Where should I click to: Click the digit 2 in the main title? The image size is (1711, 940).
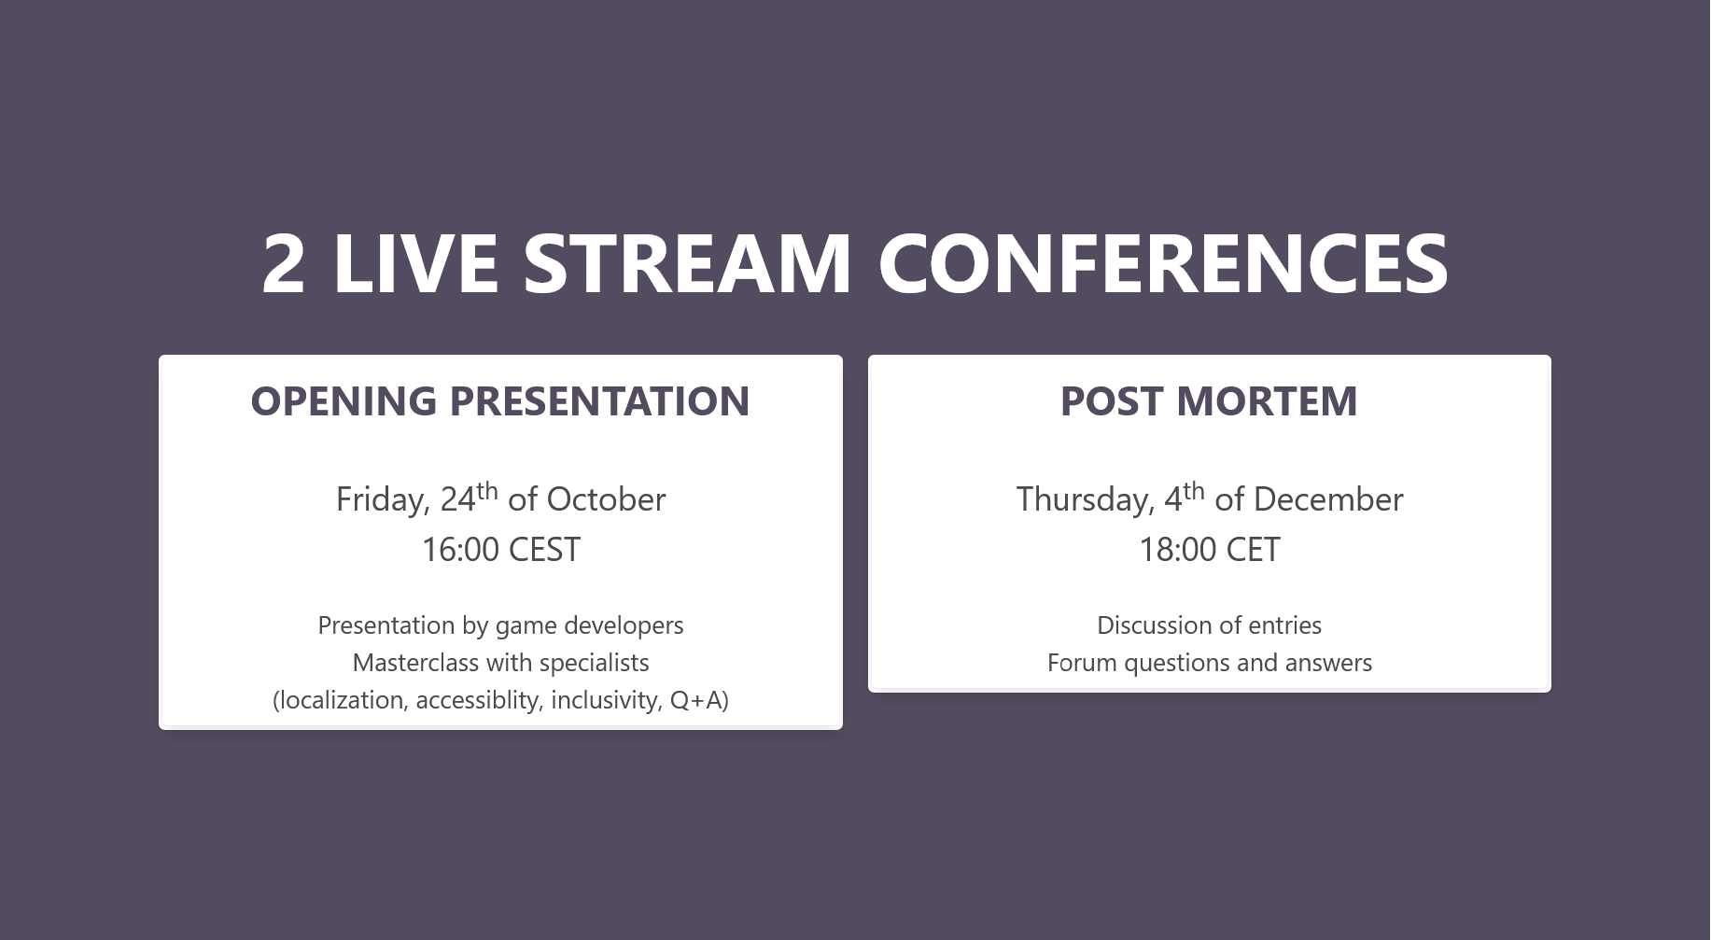(x=284, y=263)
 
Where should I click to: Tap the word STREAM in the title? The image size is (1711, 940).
(x=687, y=263)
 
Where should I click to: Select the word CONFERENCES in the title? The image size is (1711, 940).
(x=1163, y=263)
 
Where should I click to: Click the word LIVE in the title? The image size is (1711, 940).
(x=415, y=263)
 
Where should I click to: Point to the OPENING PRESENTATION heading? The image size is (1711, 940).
(x=500, y=401)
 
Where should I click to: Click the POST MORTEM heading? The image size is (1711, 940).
(x=1209, y=401)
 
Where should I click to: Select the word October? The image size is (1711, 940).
(x=606, y=499)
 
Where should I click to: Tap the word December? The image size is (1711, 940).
(x=1328, y=499)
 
